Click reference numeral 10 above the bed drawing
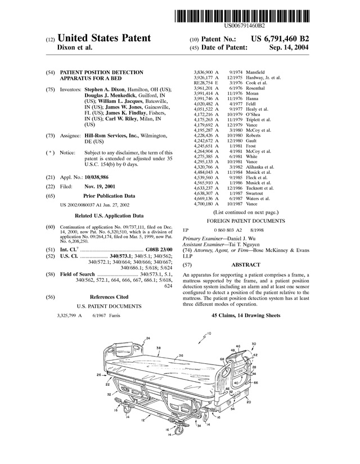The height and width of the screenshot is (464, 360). [209, 334]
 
